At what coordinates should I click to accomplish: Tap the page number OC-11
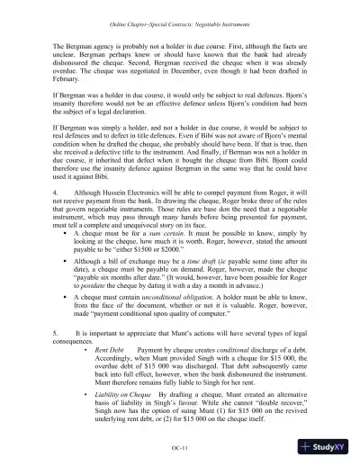tap(179, 446)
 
